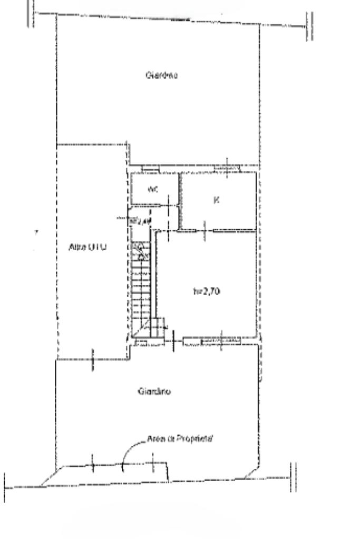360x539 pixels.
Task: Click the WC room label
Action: click(153, 189)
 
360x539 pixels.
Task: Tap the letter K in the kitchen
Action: click(216, 200)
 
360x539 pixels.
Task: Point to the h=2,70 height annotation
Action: click(203, 289)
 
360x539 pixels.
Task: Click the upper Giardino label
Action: click(161, 75)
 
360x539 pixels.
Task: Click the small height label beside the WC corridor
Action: click(140, 221)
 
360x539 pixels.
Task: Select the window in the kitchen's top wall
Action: click(226, 168)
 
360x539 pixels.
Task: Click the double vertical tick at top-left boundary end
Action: click(31, 12)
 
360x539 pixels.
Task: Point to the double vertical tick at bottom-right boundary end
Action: click(294, 477)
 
